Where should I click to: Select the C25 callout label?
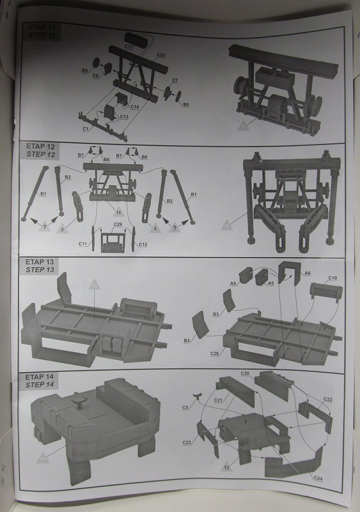(x=161, y=55)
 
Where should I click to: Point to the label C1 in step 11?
(x=87, y=129)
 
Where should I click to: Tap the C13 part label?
(x=124, y=117)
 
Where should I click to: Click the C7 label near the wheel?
(x=175, y=80)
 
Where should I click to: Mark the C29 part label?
(x=118, y=225)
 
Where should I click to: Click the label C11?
(x=83, y=244)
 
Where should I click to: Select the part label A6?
(x=307, y=273)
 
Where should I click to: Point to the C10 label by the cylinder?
(x=332, y=278)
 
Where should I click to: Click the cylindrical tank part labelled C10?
(x=326, y=292)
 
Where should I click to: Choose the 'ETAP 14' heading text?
(x=37, y=376)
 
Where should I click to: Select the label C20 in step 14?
(x=245, y=374)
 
